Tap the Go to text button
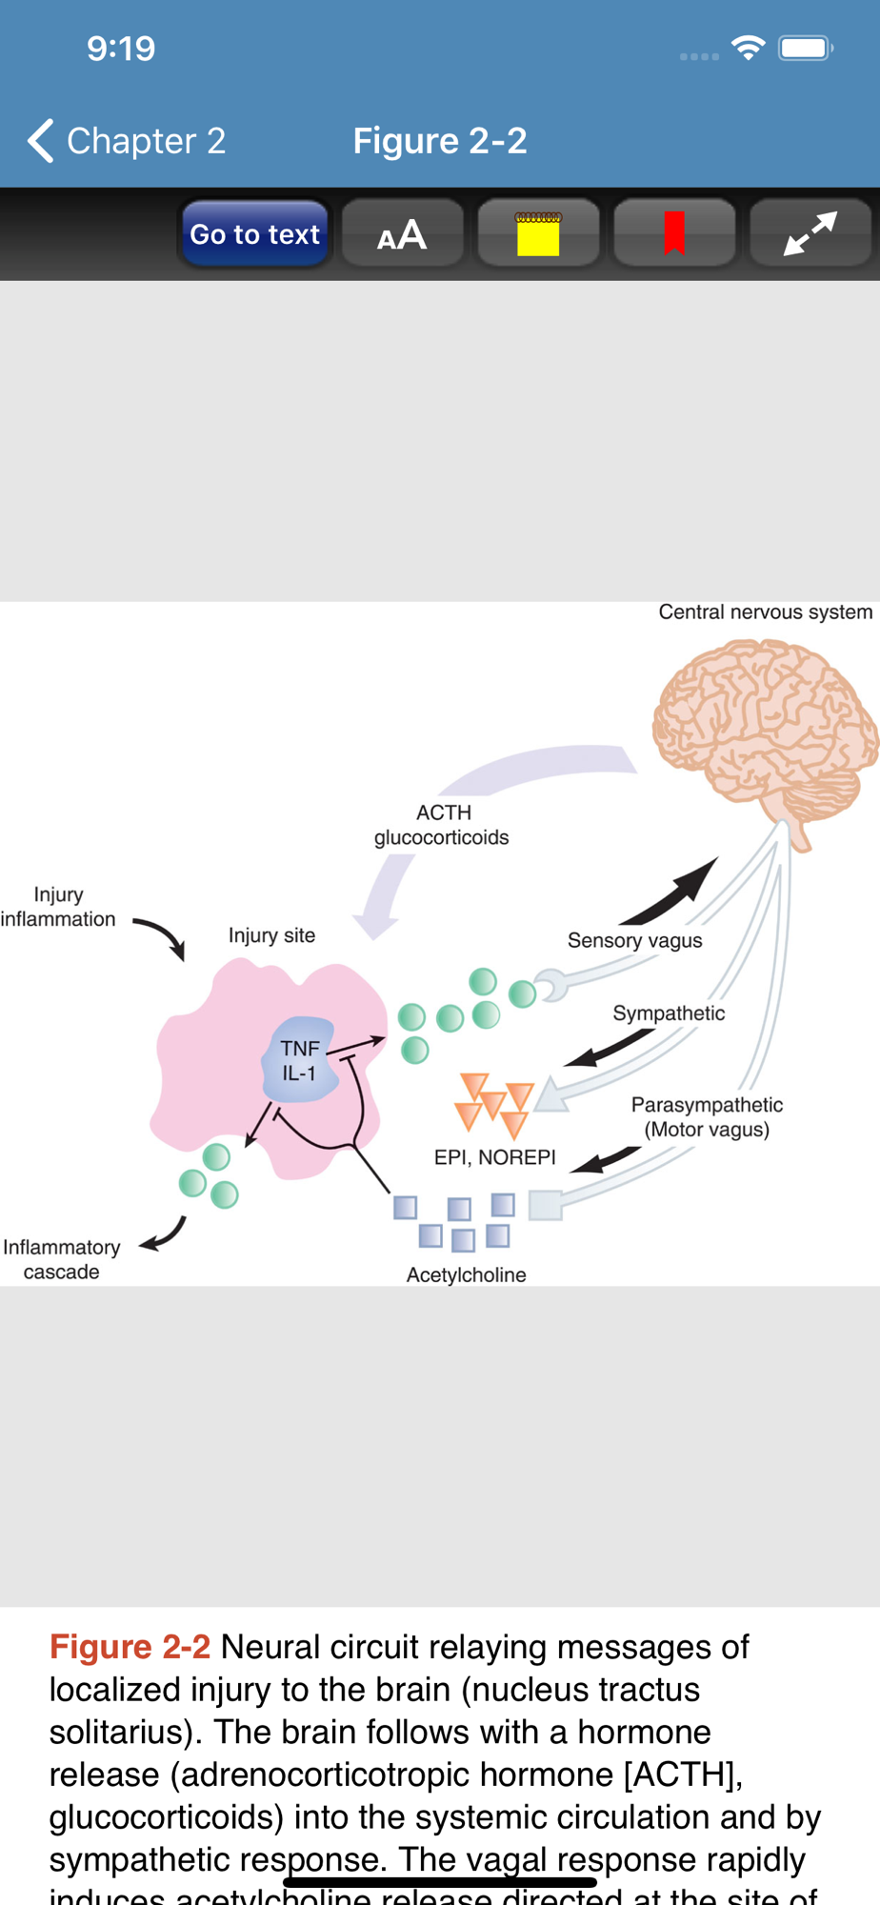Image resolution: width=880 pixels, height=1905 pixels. [254, 234]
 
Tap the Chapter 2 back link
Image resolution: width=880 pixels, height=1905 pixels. [128, 141]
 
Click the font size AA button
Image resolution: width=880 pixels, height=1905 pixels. [402, 234]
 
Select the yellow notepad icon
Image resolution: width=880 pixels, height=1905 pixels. [538, 234]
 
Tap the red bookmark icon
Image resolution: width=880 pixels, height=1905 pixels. [674, 234]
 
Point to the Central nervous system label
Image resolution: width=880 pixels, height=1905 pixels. [765, 612]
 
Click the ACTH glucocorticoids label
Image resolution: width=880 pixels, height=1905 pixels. [442, 825]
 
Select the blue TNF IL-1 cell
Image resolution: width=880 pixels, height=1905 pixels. [300, 1060]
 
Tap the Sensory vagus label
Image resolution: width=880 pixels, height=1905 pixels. [634, 941]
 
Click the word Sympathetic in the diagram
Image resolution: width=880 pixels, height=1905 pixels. [669, 1013]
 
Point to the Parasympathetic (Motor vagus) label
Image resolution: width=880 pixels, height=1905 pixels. [707, 1117]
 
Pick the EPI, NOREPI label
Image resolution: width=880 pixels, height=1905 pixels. [494, 1157]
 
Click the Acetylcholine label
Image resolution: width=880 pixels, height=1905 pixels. [466, 1275]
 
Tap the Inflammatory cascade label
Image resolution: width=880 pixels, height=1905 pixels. [62, 1259]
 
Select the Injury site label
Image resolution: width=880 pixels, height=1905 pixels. [271, 935]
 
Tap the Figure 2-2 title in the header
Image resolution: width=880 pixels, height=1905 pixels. [439, 141]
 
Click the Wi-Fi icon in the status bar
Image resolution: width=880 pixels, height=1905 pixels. [749, 48]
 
